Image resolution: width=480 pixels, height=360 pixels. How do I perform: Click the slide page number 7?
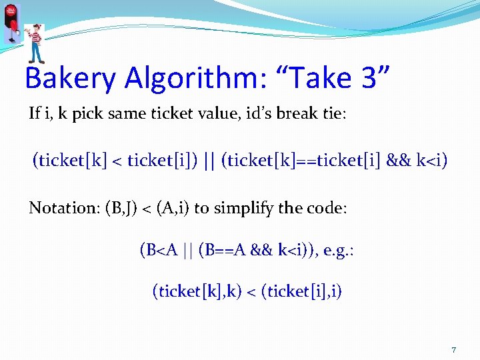pyautogui.click(x=453, y=350)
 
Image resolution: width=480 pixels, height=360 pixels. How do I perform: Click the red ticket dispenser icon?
pyautogui.click(x=11, y=24)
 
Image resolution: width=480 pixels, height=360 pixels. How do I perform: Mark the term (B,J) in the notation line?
pyautogui.click(x=121, y=207)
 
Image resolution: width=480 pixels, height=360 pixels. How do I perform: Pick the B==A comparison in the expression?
pyautogui.click(x=216, y=250)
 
